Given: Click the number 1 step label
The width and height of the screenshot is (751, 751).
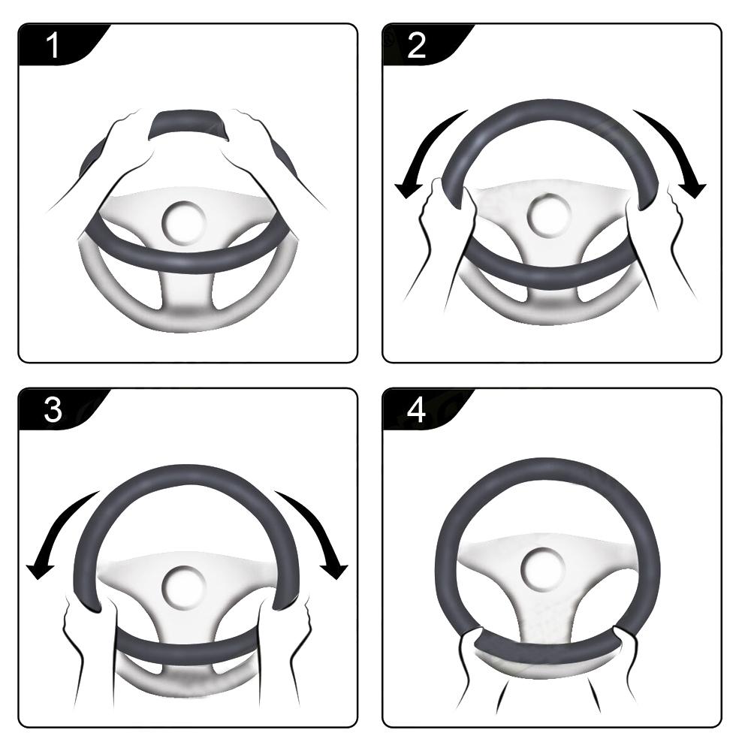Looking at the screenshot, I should point(53,46).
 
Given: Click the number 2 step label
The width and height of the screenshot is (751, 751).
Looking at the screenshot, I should point(416,46).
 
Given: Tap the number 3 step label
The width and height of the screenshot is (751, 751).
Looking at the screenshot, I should point(53,411).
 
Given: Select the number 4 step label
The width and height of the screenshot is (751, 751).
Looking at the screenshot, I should point(416,411).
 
